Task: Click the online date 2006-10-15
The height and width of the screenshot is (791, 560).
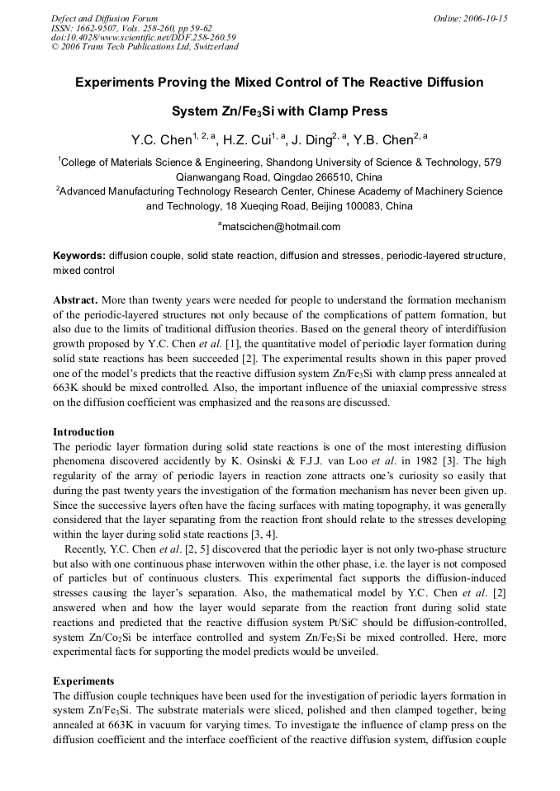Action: point(486,18)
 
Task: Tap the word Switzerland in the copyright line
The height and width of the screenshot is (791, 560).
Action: point(211,47)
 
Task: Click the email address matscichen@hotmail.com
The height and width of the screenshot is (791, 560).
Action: point(282,227)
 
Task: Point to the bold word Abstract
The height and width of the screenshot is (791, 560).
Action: point(77,299)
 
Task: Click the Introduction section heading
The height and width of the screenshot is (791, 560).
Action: point(83,431)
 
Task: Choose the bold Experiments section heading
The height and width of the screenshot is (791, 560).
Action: point(83,681)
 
